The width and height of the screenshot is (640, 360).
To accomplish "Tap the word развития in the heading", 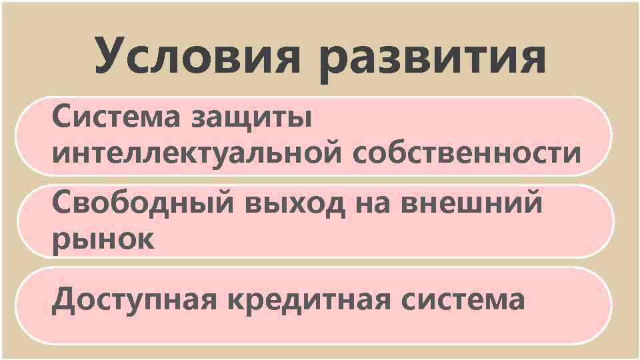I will (x=433, y=59).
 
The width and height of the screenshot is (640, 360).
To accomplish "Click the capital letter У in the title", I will (x=111, y=56).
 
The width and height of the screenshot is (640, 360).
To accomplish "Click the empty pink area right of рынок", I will (x=367, y=239).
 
